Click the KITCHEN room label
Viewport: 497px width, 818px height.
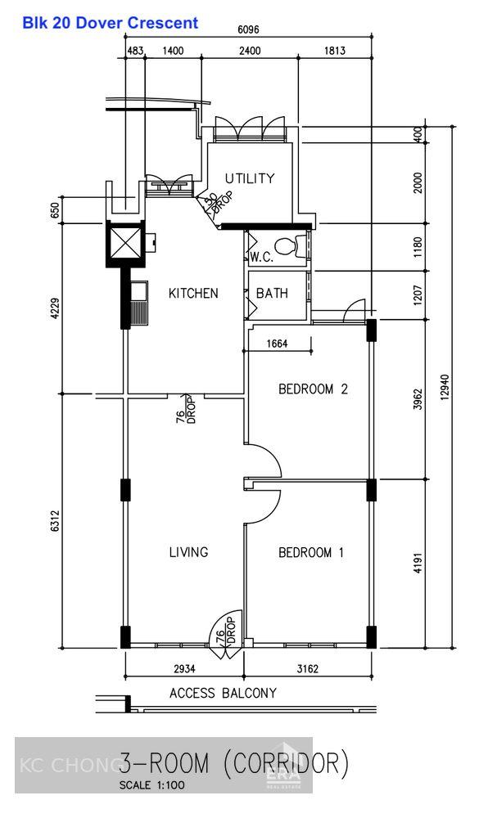click(193, 293)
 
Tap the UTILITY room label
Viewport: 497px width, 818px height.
click(250, 178)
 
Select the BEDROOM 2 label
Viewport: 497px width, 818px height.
click(313, 389)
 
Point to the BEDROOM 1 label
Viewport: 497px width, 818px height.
click(310, 553)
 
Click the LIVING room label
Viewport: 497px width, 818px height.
click(188, 552)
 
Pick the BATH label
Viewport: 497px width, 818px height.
click(272, 293)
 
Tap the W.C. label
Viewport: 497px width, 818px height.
click(261, 257)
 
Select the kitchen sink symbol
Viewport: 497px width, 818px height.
click(138, 303)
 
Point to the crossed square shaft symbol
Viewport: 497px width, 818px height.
click(125, 241)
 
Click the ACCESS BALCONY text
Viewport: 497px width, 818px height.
click(223, 694)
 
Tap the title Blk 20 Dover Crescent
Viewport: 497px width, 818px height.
click(111, 23)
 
